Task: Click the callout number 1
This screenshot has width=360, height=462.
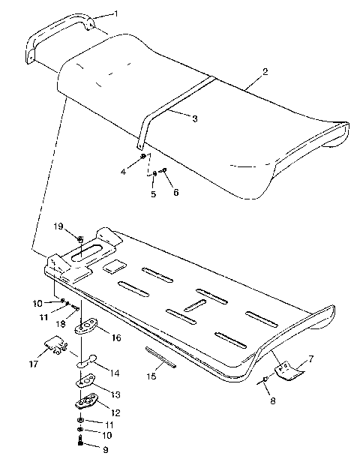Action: [115, 13]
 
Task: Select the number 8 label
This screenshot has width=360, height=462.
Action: [272, 401]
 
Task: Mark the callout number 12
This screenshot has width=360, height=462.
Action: [115, 412]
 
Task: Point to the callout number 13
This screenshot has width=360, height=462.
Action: [115, 394]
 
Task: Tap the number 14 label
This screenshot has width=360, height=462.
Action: [115, 373]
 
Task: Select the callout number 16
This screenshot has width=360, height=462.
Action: [116, 337]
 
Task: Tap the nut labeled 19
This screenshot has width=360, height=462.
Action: [80, 240]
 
